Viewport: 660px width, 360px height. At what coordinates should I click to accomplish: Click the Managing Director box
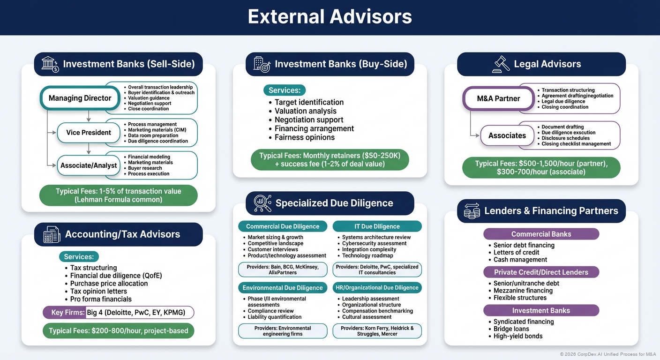pyautogui.click(x=80, y=98)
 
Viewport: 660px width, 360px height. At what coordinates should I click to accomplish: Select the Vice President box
pyautogui.click(x=89, y=132)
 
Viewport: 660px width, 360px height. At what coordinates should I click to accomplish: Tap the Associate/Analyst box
pyautogui.click(x=89, y=165)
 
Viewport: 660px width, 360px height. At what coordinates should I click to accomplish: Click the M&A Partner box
pyautogui.click(x=498, y=98)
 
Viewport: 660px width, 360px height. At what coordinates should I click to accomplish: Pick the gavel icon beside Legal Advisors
pyautogui.click(x=501, y=64)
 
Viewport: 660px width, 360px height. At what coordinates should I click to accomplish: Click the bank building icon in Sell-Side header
pyautogui.click(x=50, y=64)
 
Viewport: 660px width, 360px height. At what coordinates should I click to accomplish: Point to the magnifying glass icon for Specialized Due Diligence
pyautogui.click(x=262, y=203)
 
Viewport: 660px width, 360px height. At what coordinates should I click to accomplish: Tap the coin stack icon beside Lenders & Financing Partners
pyautogui.click(x=472, y=211)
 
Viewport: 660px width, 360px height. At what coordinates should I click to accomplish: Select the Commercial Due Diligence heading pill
pyautogui.click(x=282, y=226)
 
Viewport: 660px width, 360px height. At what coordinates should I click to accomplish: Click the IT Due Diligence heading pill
pyautogui.click(x=377, y=226)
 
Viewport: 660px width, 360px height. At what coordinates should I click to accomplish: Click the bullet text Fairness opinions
pyautogui.click(x=304, y=137)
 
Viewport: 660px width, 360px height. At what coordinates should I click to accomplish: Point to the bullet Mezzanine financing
pyautogui.click(x=523, y=291)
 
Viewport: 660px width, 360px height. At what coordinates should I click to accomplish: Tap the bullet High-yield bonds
pyautogui.click(x=517, y=336)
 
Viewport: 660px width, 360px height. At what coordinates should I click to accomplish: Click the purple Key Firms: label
pyautogui.click(x=64, y=313)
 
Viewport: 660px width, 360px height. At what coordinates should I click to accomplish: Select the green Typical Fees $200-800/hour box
pyautogui.click(x=118, y=330)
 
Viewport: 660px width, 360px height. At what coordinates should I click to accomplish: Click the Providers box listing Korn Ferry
pyautogui.click(x=377, y=331)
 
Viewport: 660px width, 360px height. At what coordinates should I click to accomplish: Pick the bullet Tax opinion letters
pyautogui.click(x=98, y=291)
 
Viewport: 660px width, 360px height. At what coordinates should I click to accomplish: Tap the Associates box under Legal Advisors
pyautogui.click(x=507, y=135)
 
